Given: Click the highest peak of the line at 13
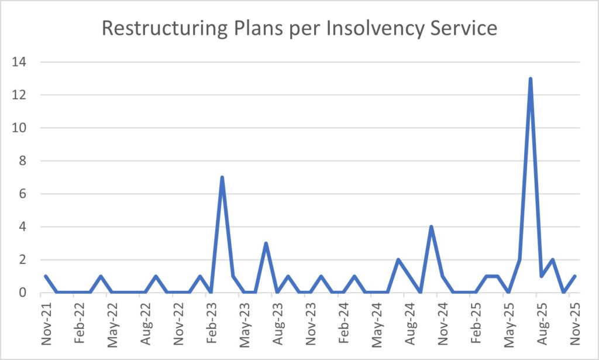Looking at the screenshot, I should (x=531, y=78).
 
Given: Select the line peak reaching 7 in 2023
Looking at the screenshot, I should (x=222, y=177).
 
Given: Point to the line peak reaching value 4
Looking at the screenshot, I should (x=431, y=227).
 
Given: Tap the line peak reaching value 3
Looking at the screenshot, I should (x=266, y=243).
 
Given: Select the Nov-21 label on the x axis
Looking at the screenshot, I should (x=46, y=322).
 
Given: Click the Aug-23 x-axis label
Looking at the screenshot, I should (x=278, y=322).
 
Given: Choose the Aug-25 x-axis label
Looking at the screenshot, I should (x=542, y=322).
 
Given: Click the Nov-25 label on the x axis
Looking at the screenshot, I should (x=575, y=322).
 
